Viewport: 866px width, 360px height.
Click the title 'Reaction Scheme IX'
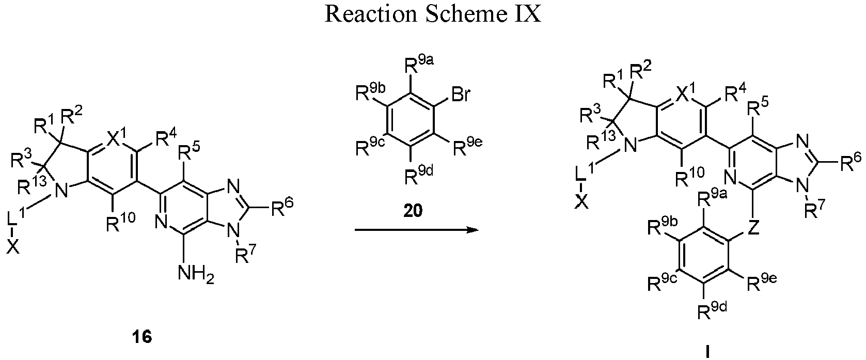433,14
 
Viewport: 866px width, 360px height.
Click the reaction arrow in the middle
416,230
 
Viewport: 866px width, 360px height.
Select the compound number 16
142,337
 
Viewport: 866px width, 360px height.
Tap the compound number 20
413,211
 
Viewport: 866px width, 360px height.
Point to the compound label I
707,352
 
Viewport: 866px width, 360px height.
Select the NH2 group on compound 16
196,275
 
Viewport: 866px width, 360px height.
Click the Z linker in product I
753,228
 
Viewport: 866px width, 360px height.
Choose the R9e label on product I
762,283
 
